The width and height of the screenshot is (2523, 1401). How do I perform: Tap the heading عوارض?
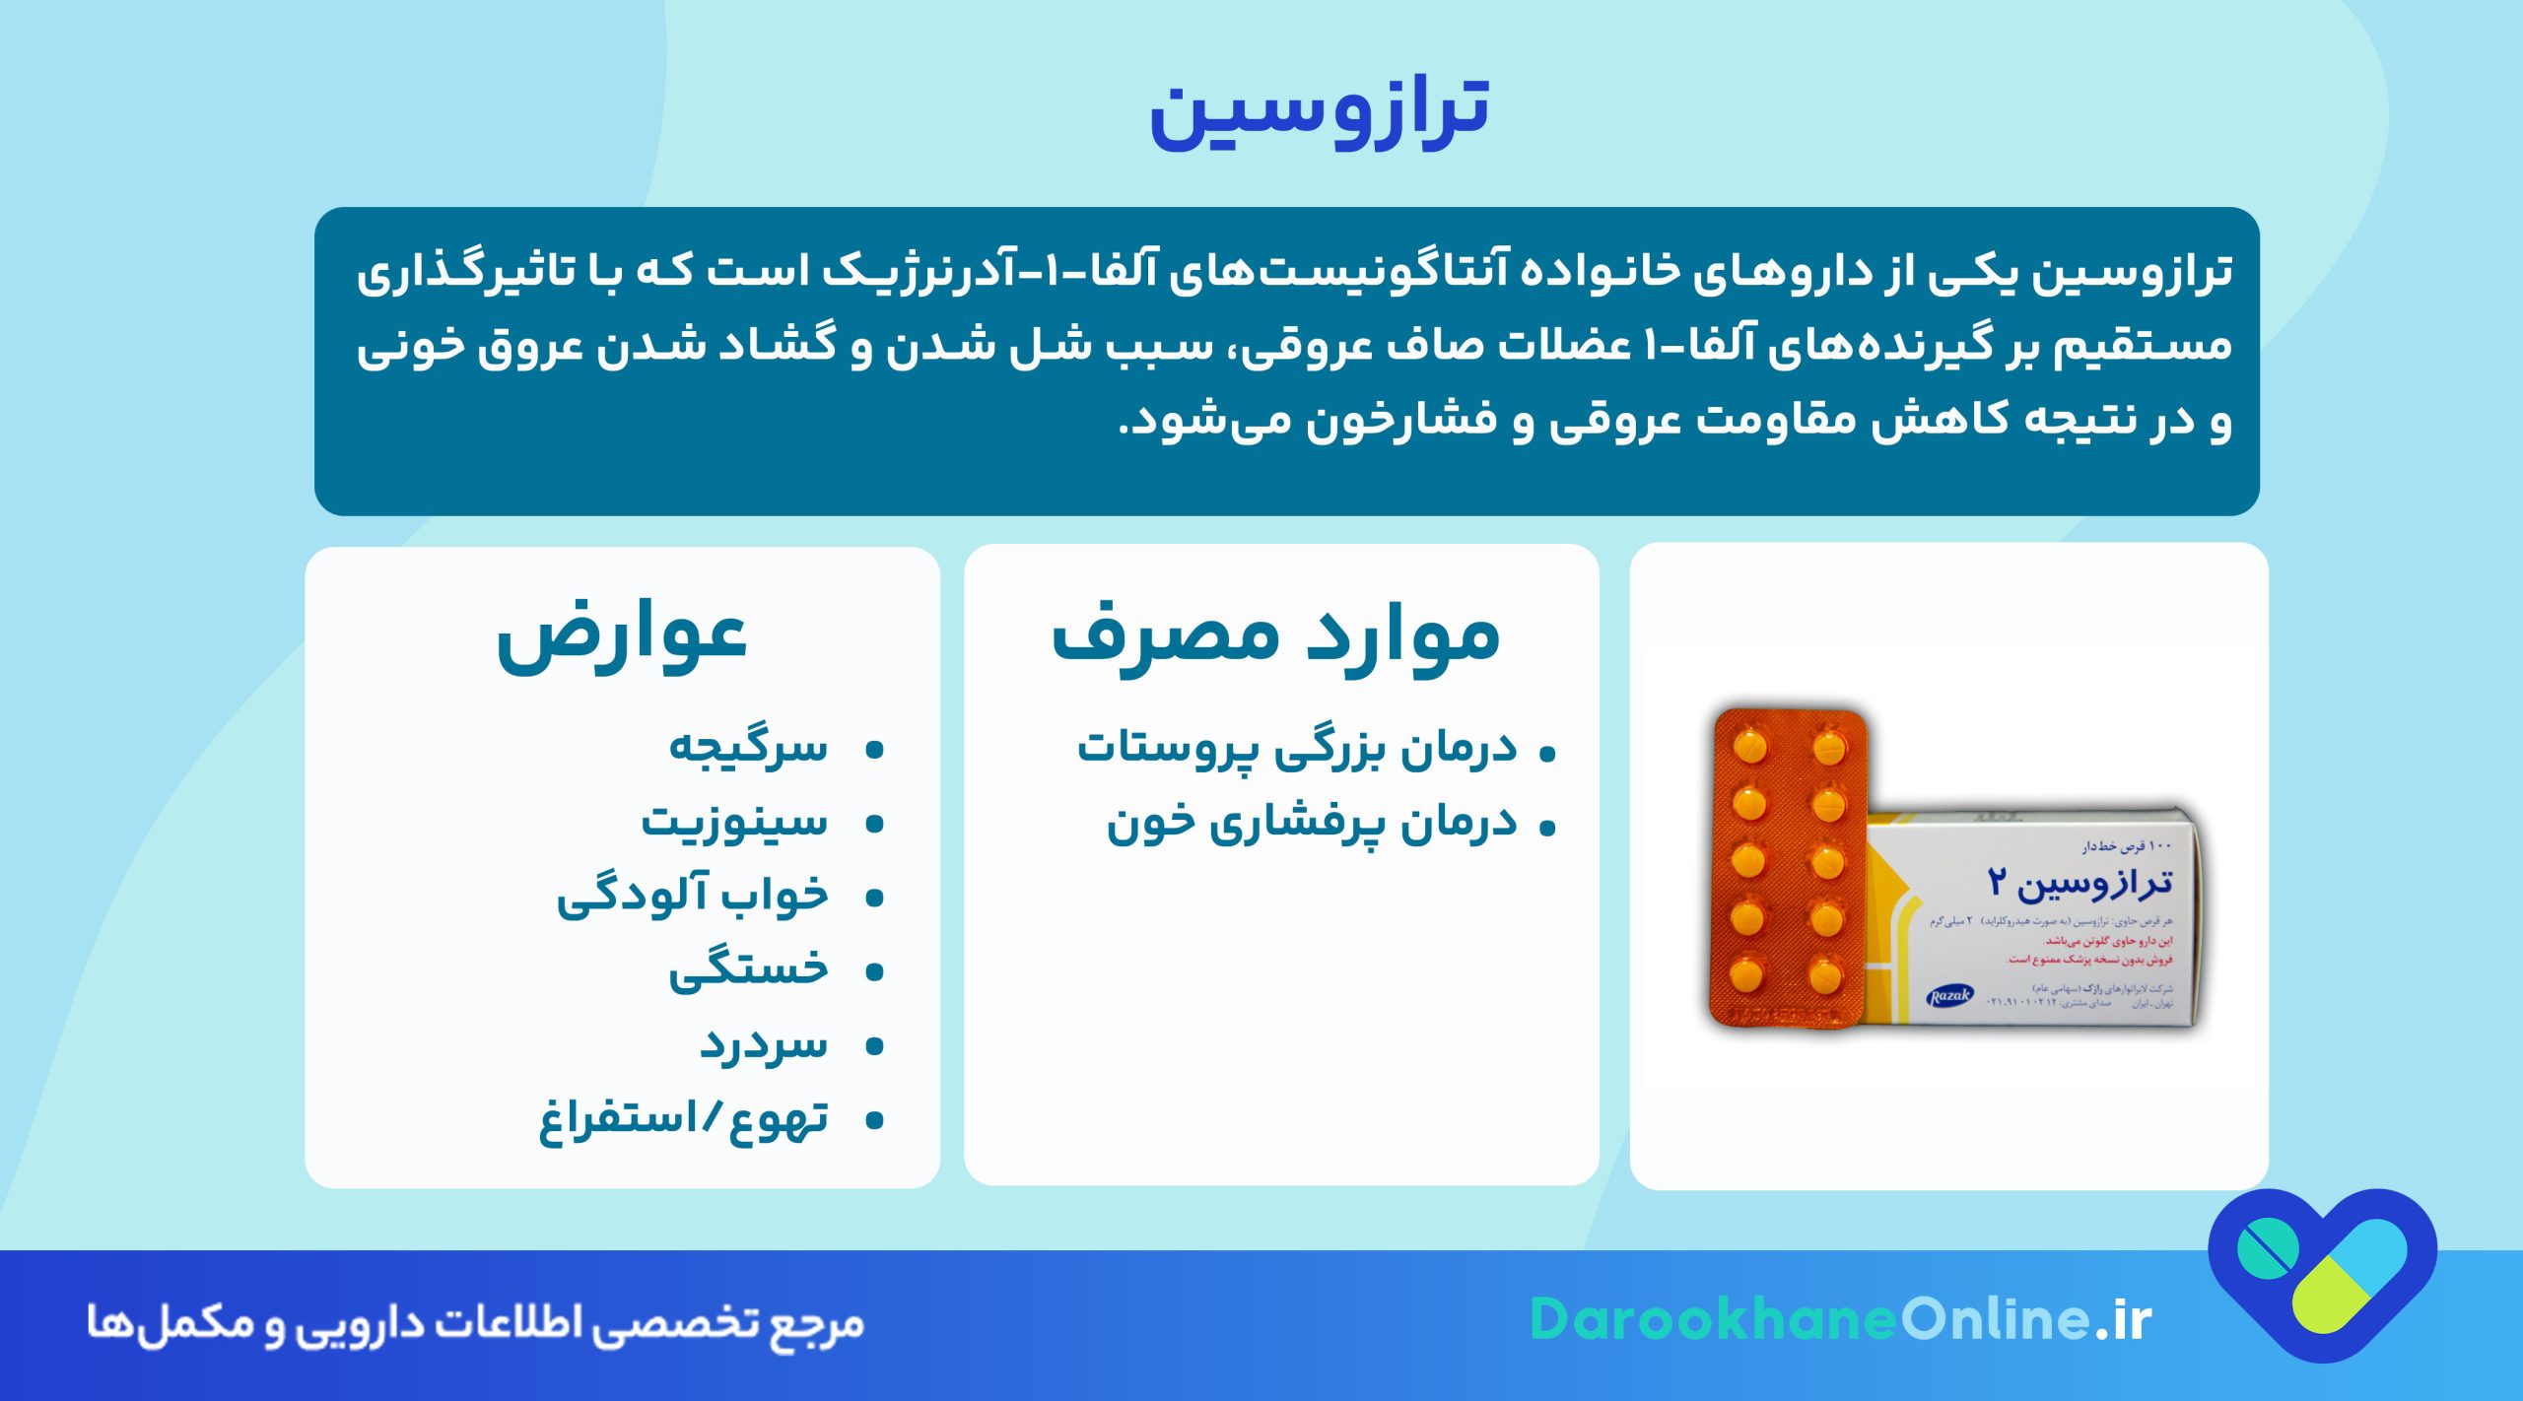tap(622, 637)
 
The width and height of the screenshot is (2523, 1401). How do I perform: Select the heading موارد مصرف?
tap(1276, 637)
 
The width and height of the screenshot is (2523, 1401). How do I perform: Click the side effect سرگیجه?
tap(749, 747)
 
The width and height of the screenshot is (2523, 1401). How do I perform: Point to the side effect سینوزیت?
tap(735, 821)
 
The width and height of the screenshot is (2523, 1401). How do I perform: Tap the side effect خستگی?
tap(749, 969)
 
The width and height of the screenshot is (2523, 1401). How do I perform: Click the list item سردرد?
tap(764, 1044)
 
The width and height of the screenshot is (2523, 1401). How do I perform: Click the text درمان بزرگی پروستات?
tap(1297, 749)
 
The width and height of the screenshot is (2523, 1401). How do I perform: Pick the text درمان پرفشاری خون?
tap(1312, 824)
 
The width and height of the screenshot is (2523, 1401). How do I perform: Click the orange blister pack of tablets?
tap(1789, 868)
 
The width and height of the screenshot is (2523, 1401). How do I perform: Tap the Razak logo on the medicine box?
tap(1950, 996)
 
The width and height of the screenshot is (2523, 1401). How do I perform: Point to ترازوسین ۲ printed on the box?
tap(2080, 882)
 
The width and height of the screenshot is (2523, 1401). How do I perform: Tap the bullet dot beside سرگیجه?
tap(873, 751)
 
